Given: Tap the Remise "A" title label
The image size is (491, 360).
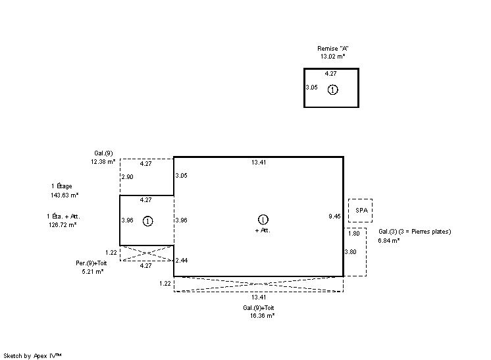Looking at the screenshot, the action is pyautogui.click(x=332, y=49).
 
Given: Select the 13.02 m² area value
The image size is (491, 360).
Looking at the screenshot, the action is pyautogui.click(x=332, y=57).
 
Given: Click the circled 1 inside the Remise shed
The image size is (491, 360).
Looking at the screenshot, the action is pyautogui.click(x=332, y=90).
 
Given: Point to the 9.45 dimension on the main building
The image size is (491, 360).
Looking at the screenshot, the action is pyautogui.click(x=334, y=217).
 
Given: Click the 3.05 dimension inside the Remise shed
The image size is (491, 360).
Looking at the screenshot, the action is pyautogui.click(x=311, y=88).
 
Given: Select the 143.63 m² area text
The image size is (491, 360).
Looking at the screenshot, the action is pyautogui.click(x=65, y=195).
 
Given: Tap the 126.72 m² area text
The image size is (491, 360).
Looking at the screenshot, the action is pyautogui.click(x=63, y=225).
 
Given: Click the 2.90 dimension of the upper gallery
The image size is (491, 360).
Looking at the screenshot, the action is pyautogui.click(x=128, y=177).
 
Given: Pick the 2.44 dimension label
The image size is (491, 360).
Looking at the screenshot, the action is pyautogui.click(x=182, y=261).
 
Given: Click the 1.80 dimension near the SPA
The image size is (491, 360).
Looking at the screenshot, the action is pyautogui.click(x=354, y=233).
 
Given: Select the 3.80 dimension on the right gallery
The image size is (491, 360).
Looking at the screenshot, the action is pyautogui.click(x=350, y=252).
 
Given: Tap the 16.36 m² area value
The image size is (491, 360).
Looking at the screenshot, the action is pyautogui.click(x=262, y=315).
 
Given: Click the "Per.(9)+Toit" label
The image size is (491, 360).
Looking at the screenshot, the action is pyautogui.click(x=91, y=263).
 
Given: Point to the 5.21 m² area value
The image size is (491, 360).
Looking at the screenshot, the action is pyautogui.click(x=93, y=271).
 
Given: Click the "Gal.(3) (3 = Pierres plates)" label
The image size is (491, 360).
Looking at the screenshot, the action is pyautogui.click(x=415, y=232).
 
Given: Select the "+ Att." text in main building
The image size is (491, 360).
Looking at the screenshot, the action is pyautogui.click(x=263, y=230).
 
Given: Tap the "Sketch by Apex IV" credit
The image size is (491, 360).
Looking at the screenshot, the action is pyautogui.click(x=32, y=356).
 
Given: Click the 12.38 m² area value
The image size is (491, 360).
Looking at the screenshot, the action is pyautogui.click(x=103, y=161).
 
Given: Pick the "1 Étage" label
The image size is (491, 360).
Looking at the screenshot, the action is pyautogui.click(x=62, y=186).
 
